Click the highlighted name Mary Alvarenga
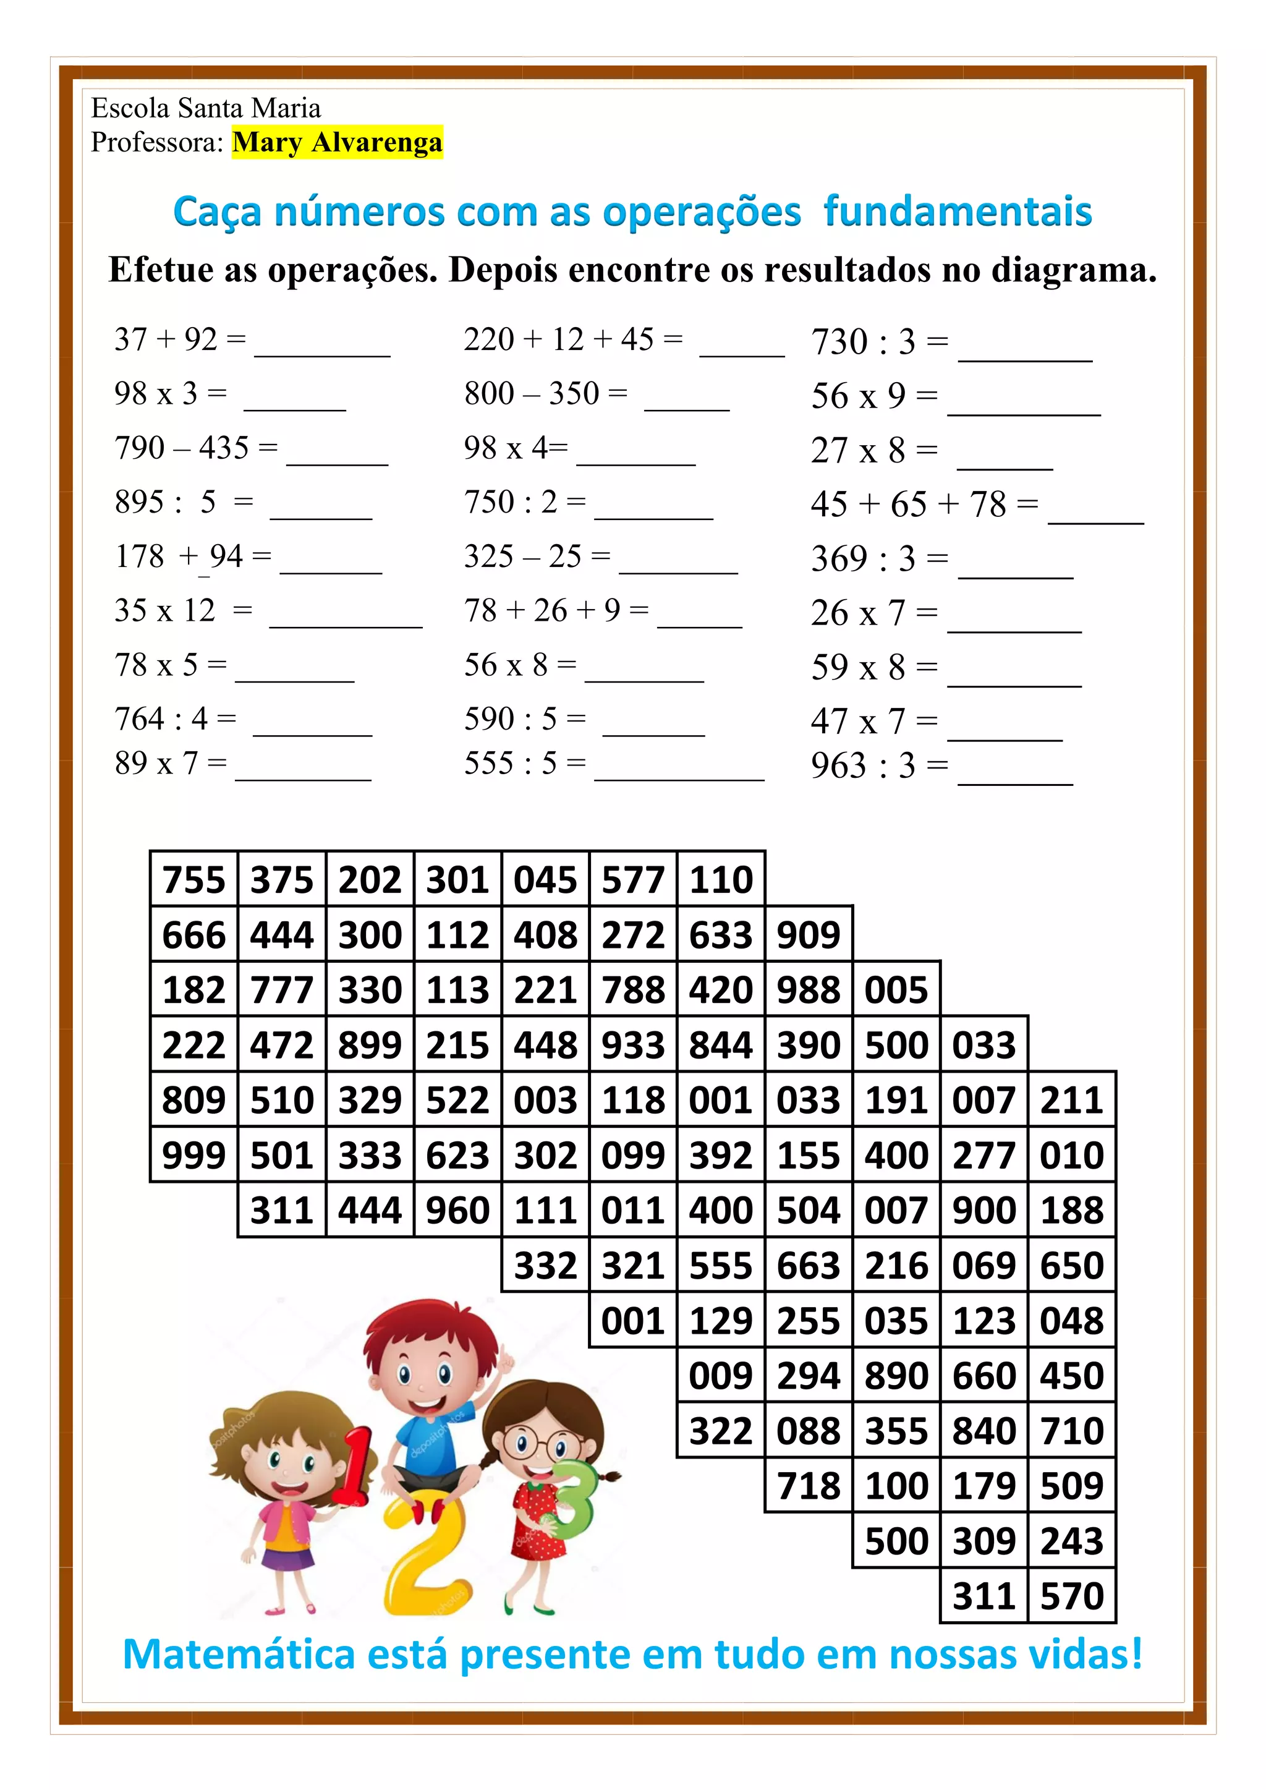click(x=337, y=143)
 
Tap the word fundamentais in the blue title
click(x=958, y=212)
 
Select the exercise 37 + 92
click(x=180, y=340)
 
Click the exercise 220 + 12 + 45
click(x=573, y=340)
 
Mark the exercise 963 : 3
click(x=880, y=766)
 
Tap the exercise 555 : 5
click(x=525, y=763)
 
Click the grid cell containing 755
click(x=193, y=879)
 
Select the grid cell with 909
click(x=809, y=934)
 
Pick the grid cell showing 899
click(x=370, y=1045)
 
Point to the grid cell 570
click(x=1072, y=1596)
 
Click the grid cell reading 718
click(x=809, y=1486)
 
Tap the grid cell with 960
click(x=457, y=1210)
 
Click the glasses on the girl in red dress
click(x=537, y=1444)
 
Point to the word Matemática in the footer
click(x=239, y=1655)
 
